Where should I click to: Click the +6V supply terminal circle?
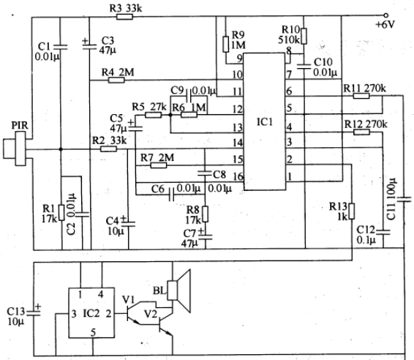(385, 15)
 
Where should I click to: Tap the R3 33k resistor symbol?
(124, 17)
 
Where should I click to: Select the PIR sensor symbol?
(15, 149)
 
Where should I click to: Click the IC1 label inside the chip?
(265, 121)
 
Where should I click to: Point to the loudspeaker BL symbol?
(179, 290)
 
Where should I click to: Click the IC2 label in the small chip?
(91, 313)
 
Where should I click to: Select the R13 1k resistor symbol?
(351, 211)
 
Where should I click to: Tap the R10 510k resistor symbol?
(304, 36)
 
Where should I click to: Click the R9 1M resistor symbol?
(226, 44)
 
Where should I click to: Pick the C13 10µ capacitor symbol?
(34, 312)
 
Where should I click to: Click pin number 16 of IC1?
(238, 176)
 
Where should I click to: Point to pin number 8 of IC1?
(289, 50)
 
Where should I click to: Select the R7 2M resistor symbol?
(159, 165)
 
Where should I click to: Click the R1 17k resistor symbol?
(61, 212)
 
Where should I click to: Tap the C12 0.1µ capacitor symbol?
(383, 232)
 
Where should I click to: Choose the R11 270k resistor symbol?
(361, 96)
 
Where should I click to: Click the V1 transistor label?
(129, 300)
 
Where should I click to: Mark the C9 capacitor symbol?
(189, 96)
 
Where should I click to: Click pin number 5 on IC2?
(93, 332)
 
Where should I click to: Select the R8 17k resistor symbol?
(205, 214)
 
